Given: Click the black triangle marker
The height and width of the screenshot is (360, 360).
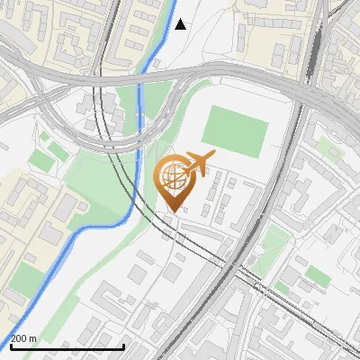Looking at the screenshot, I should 181,24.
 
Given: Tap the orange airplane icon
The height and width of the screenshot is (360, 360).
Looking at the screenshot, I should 197,165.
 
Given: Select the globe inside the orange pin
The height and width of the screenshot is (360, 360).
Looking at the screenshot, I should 172,175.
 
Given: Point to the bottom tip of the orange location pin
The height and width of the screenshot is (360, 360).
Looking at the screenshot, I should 172,211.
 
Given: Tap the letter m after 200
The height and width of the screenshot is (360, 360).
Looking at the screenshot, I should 33,338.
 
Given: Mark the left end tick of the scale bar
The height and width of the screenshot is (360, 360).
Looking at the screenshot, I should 10,346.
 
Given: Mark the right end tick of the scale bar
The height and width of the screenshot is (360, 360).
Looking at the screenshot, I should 123,346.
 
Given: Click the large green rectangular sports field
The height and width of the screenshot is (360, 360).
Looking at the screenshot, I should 234,128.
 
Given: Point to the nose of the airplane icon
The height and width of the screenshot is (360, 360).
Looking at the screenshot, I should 213,157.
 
